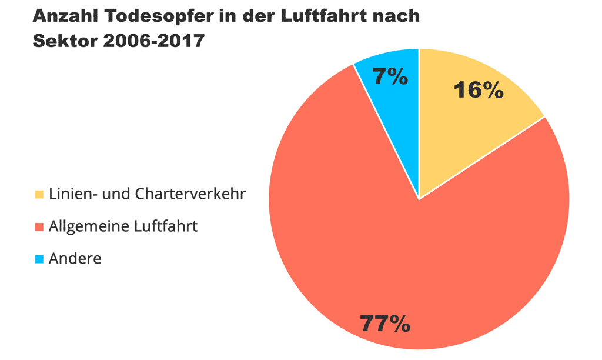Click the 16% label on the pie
[479, 90]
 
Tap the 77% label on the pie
[385, 324]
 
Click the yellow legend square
[39, 194]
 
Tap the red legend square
[39, 226]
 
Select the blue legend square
[39, 259]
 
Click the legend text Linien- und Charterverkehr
[147, 194]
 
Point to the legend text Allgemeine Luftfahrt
[123, 226]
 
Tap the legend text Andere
[75, 258]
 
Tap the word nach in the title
[399, 16]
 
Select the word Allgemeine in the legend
[89, 226]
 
